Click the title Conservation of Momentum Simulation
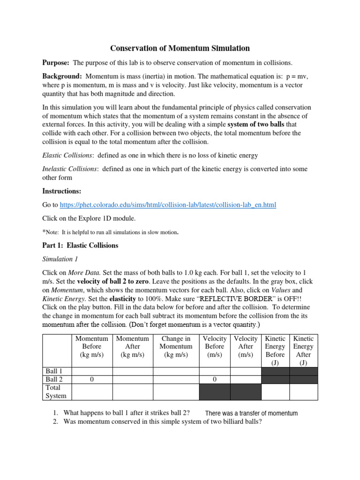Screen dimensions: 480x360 [x=180, y=48]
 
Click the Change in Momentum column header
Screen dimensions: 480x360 [x=175, y=346]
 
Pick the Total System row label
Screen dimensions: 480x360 [x=56, y=391]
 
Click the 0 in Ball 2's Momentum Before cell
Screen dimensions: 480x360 [x=92, y=379]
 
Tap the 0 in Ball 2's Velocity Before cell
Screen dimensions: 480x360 [x=214, y=379]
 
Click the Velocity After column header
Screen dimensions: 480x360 [x=245, y=346]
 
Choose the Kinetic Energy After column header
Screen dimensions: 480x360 [x=303, y=350]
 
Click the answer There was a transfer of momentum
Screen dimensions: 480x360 [x=251, y=413]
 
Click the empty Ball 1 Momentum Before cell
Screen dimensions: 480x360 [x=92, y=371]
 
